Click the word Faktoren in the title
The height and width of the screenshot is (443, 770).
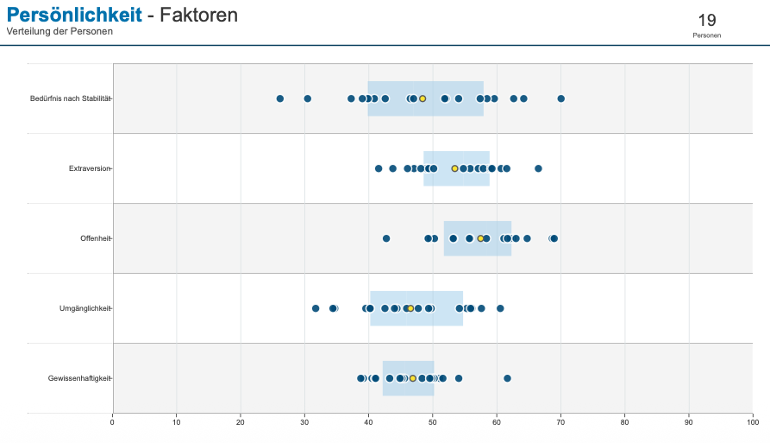[199, 15]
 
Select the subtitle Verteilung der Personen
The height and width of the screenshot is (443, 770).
[59, 31]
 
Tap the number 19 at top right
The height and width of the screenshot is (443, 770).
[706, 20]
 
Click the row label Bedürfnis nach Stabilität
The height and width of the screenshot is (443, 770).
[70, 98]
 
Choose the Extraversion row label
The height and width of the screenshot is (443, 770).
[90, 168]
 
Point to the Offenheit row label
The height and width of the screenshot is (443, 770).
[97, 238]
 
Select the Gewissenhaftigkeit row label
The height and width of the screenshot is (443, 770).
[79, 378]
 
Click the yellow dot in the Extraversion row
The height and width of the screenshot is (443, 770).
[455, 168]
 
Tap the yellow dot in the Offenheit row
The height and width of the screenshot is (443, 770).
[480, 238]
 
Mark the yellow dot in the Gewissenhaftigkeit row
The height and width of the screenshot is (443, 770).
[413, 378]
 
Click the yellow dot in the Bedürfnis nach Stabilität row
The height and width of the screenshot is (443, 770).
[423, 98]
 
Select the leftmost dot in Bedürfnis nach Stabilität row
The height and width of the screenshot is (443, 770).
[280, 98]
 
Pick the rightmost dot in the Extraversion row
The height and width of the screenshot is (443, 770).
[538, 168]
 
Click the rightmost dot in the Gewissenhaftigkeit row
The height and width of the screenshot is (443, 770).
[507, 378]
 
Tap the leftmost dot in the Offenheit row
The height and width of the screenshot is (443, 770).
[386, 238]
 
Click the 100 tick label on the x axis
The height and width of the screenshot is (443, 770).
[752, 421]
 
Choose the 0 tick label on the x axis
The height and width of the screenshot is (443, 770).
[112, 421]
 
